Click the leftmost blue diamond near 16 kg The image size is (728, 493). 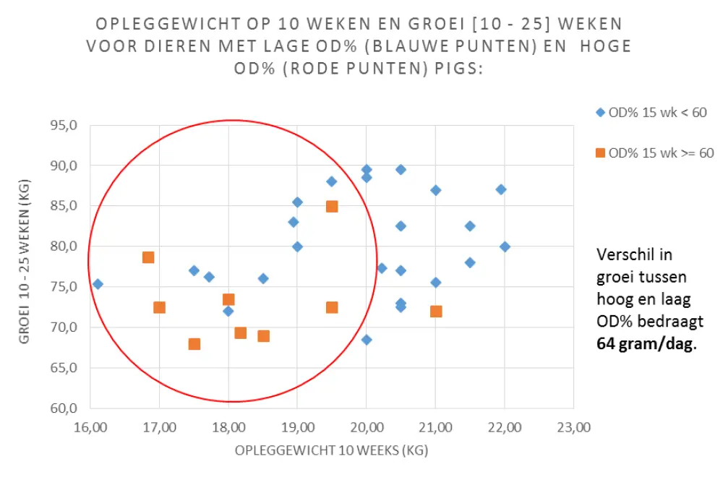(x=98, y=284)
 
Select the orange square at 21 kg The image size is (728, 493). (x=436, y=312)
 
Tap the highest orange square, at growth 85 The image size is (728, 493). (x=332, y=206)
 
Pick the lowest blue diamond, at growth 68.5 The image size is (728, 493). (x=367, y=340)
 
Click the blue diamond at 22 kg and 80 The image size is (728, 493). (x=505, y=246)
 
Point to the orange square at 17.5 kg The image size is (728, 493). (x=194, y=344)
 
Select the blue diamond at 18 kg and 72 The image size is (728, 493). (x=228, y=311)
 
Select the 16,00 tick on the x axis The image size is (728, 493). (x=90, y=427)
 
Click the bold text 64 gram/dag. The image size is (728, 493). (x=646, y=344)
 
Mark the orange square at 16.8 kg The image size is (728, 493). (x=148, y=257)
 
